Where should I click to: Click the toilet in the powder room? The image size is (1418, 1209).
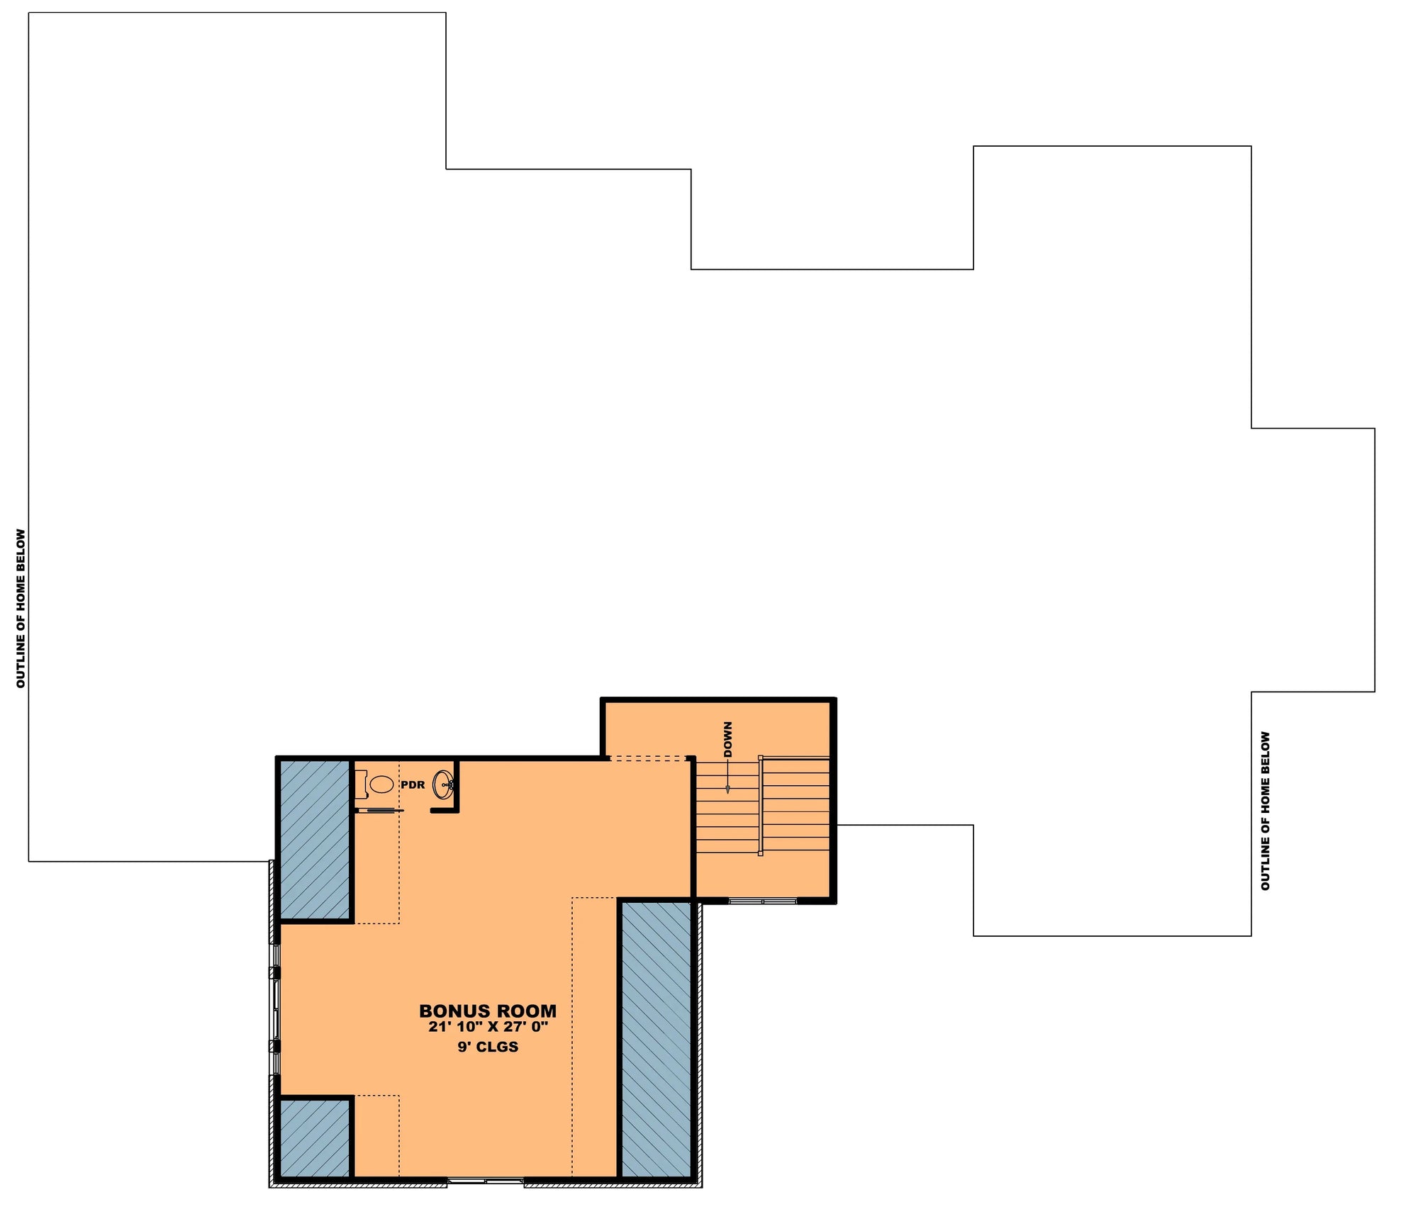381,785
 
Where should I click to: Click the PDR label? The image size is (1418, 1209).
413,785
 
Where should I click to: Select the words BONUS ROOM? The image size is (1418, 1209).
488,1011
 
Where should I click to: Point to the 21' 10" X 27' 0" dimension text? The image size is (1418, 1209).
488,1027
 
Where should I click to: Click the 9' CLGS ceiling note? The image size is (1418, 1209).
488,1047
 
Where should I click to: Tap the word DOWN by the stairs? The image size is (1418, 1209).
728,739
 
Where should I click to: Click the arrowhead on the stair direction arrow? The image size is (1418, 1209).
727,789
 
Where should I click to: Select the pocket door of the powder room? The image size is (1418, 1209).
379,810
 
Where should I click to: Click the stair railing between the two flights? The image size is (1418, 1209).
760,806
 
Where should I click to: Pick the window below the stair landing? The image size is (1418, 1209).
762,901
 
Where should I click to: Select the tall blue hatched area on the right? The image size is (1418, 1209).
656,1039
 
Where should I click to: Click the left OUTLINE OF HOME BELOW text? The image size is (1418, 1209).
21,608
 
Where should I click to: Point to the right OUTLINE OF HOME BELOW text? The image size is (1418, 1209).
1266,811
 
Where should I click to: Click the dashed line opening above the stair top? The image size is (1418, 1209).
649,759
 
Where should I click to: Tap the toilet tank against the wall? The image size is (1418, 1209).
361,785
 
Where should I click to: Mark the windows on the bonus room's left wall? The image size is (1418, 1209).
276,1010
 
